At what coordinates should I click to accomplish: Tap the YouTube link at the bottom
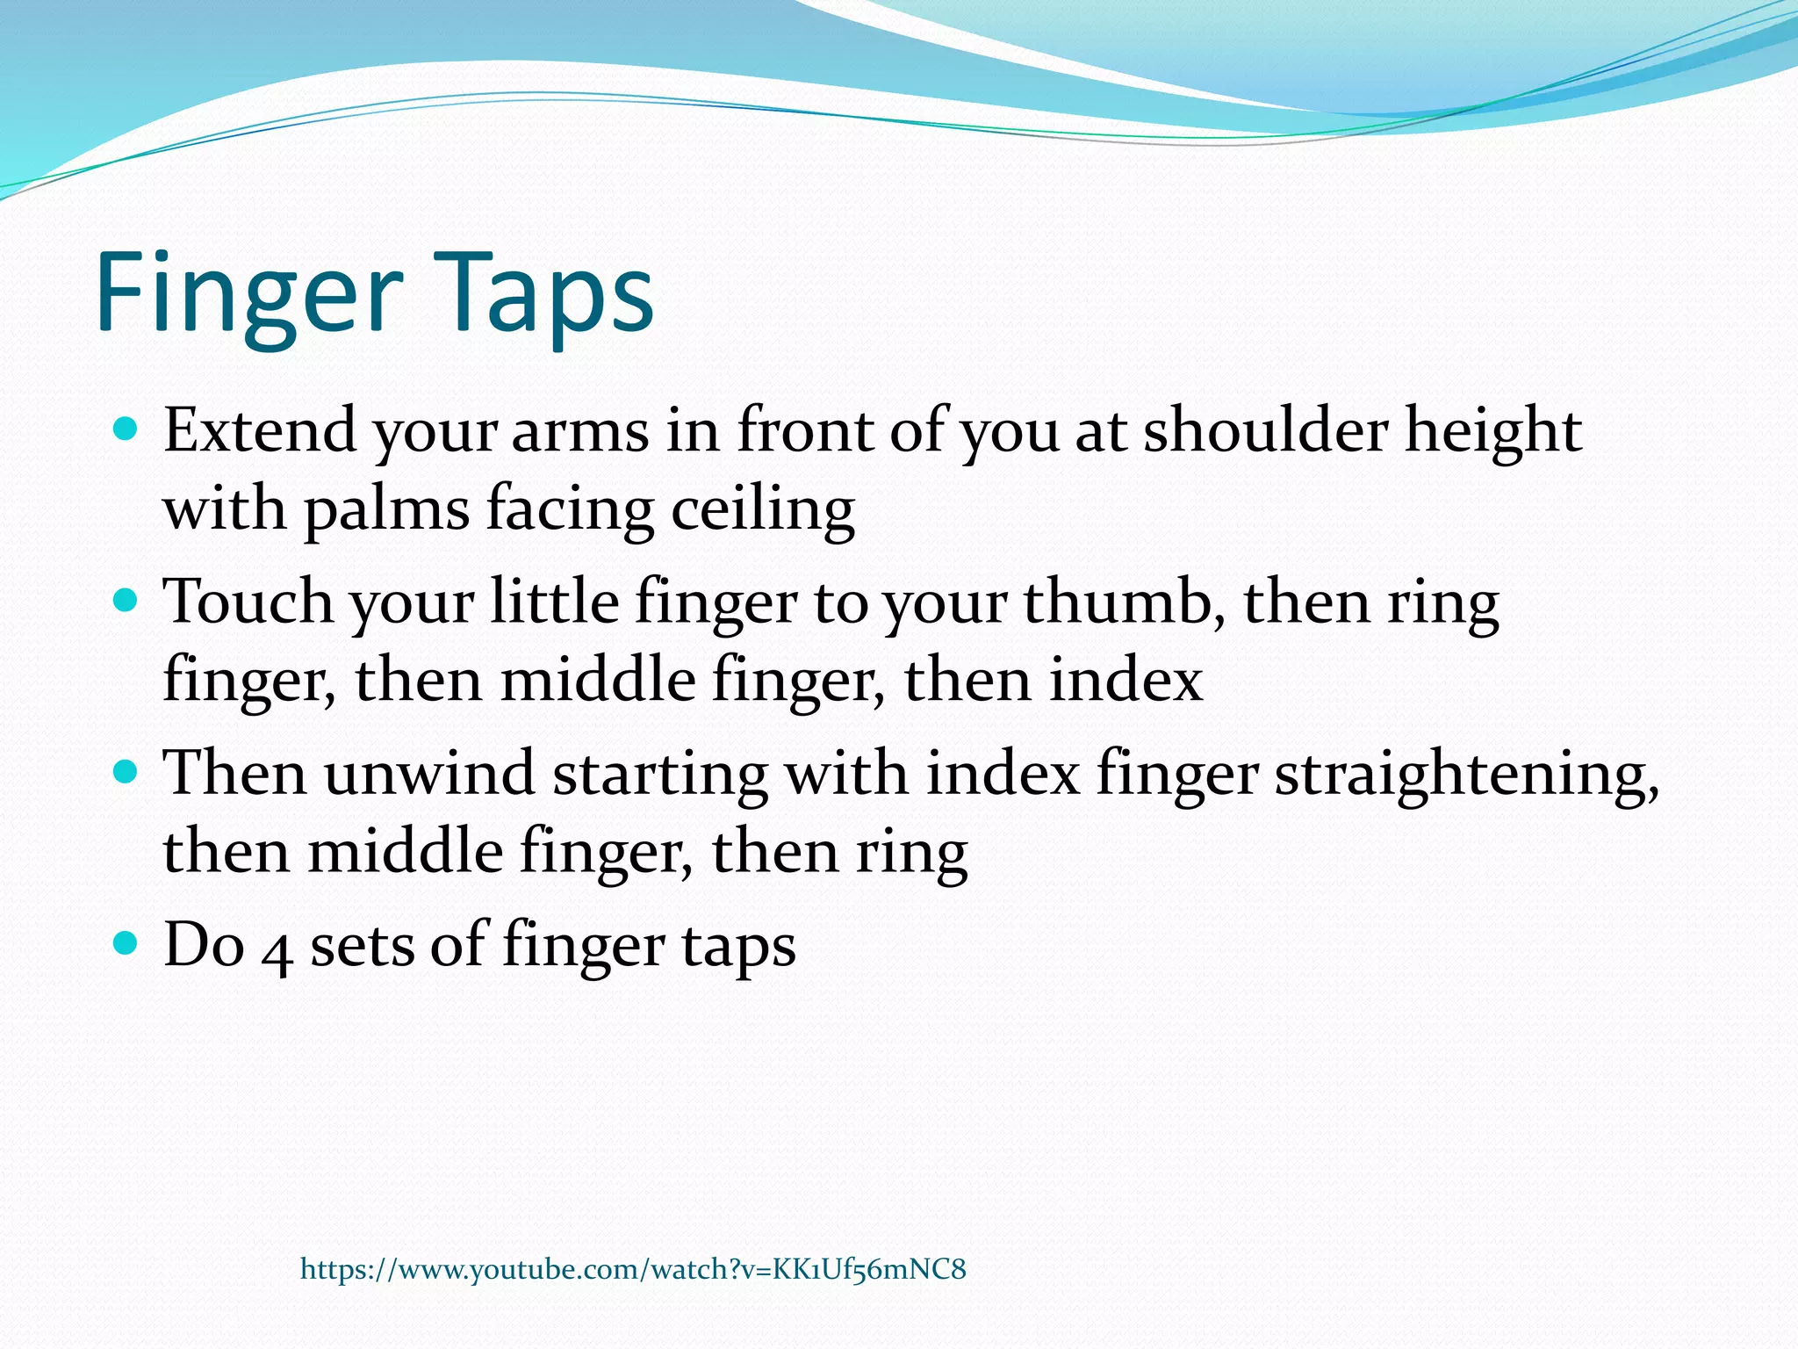[x=633, y=1269]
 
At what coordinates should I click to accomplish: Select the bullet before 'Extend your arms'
[x=126, y=429]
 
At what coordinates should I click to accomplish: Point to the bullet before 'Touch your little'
[x=126, y=602]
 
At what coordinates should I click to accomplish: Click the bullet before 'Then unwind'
[x=126, y=773]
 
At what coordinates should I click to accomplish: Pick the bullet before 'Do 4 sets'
[x=126, y=944]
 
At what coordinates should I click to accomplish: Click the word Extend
[x=260, y=430]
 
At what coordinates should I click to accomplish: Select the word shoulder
[x=1266, y=430]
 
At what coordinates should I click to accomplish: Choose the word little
[x=555, y=602]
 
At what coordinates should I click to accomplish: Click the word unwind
[x=429, y=774]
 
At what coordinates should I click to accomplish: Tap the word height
[x=1493, y=432]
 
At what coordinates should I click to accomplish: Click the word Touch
[x=248, y=602]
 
